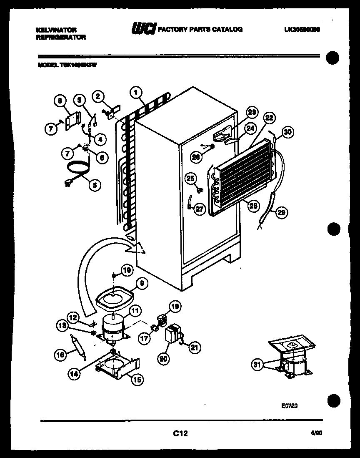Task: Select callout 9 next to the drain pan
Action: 142,283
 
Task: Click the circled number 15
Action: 137,379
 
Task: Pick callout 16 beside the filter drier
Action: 61,355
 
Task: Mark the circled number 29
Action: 282,213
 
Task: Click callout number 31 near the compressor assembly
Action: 257,365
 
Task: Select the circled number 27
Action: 200,209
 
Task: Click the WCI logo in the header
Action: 144,29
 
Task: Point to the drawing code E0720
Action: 289,405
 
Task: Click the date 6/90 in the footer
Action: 316,433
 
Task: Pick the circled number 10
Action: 127,270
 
